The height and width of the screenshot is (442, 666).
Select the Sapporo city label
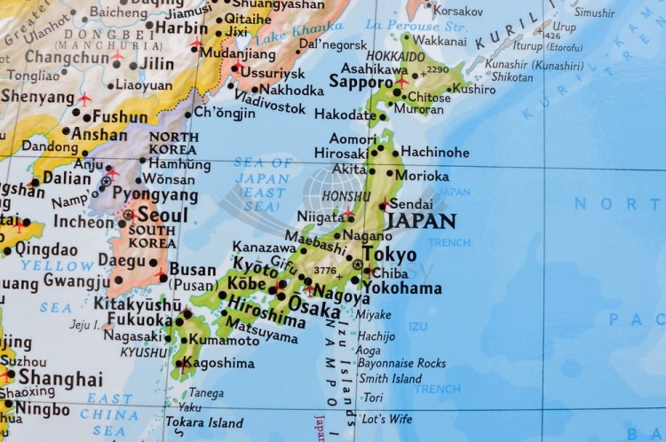(x=361, y=82)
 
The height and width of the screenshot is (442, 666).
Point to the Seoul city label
(x=163, y=216)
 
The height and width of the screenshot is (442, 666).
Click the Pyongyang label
(x=155, y=194)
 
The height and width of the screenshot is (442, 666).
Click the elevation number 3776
(x=325, y=271)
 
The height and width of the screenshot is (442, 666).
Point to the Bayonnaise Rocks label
(x=401, y=363)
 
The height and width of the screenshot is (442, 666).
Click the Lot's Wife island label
(x=386, y=418)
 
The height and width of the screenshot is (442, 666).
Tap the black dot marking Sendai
(x=383, y=205)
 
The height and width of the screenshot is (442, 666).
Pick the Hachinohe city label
(x=435, y=152)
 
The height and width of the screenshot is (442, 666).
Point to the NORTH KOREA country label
(x=173, y=144)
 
